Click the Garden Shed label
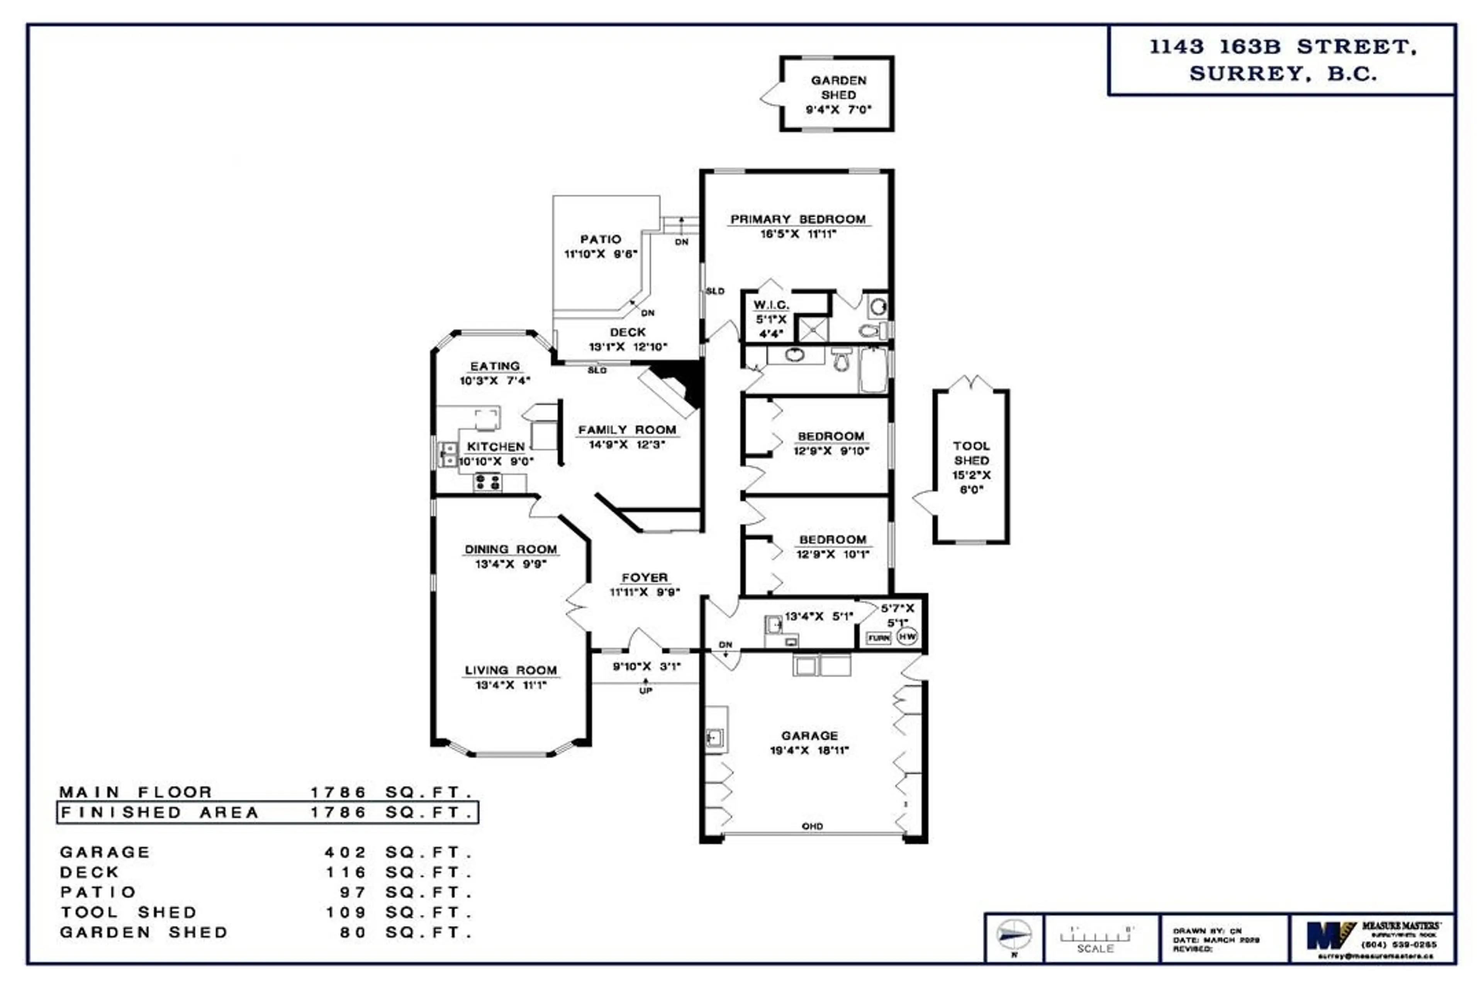838,88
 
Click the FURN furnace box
878,638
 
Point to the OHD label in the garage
812,826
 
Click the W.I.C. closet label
770,305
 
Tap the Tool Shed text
971,453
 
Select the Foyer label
645,577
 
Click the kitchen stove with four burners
487,483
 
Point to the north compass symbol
1014,935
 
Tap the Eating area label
495,366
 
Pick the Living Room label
511,670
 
